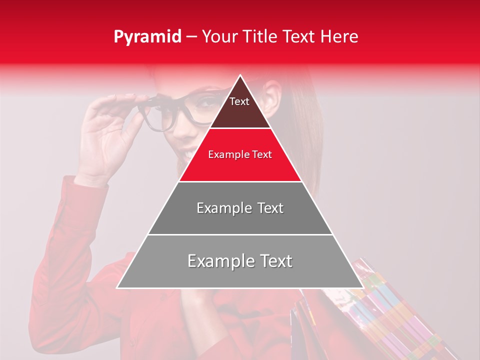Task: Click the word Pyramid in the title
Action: [147, 37]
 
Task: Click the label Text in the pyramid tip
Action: [239, 101]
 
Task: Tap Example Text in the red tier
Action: [240, 155]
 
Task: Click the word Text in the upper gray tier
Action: [267, 208]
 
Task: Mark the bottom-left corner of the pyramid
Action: [117, 287]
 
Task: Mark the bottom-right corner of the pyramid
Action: [363, 287]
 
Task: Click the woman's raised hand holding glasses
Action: [107, 135]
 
